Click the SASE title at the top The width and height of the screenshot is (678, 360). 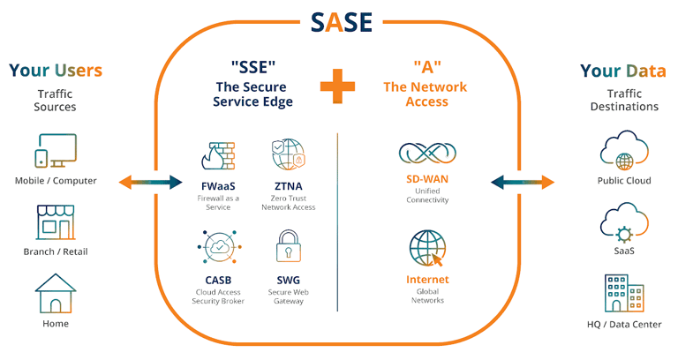point(339,21)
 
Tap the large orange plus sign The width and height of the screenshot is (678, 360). point(338,86)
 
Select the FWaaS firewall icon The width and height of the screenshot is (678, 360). point(216,156)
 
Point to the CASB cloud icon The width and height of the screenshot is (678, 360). point(216,250)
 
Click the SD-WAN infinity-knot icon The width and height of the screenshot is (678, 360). point(427,154)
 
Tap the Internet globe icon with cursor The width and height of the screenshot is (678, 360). point(427,250)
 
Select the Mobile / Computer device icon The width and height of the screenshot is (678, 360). point(56,152)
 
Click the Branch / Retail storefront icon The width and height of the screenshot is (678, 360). point(56,222)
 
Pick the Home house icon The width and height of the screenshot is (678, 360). point(56,293)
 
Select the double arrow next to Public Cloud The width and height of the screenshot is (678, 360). point(524,182)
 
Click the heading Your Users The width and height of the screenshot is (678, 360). point(56,71)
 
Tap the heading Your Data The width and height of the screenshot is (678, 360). point(623,71)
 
